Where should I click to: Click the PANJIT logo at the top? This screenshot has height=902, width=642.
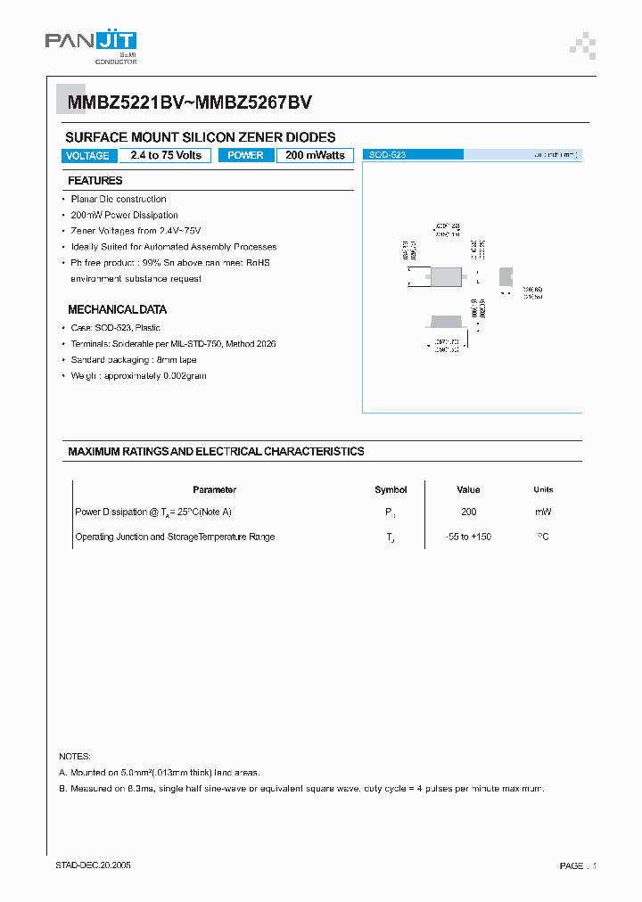click(x=91, y=45)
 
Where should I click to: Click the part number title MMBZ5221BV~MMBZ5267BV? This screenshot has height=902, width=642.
click(x=189, y=102)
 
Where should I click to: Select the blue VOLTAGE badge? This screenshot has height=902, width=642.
click(x=88, y=156)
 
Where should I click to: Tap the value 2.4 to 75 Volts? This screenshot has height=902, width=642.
click(x=166, y=155)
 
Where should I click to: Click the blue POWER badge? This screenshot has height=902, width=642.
click(x=245, y=155)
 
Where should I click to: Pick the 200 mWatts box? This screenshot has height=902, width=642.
click(x=315, y=155)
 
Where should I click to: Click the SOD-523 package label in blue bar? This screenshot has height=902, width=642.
click(x=387, y=155)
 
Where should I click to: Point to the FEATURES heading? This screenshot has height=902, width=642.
click(x=95, y=181)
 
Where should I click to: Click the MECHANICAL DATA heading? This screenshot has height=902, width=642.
click(x=117, y=310)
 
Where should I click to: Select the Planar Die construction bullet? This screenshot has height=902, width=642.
click(x=118, y=199)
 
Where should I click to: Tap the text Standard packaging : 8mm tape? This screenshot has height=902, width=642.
click(x=134, y=360)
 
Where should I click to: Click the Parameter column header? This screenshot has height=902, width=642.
click(x=214, y=489)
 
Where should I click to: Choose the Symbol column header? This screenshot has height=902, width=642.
click(x=391, y=489)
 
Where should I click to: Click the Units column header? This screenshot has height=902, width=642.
click(x=543, y=489)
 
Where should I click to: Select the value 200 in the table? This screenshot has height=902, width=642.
click(x=468, y=512)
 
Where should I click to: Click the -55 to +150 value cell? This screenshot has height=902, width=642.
click(x=468, y=537)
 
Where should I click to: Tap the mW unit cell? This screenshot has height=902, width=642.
click(x=543, y=512)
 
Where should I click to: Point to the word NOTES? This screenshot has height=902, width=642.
click(x=74, y=756)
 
